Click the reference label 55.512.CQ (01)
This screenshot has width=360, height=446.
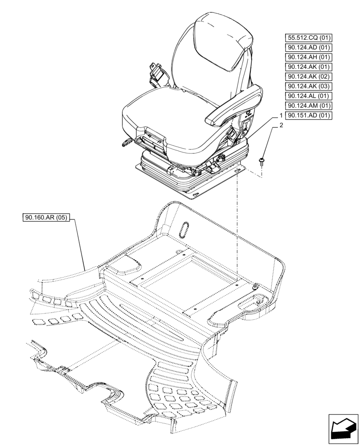pyautogui.click(x=309, y=37)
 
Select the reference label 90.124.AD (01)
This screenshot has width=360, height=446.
pyautogui.click(x=309, y=47)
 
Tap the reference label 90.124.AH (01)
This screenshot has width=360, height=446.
pyautogui.click(x=309, y=57)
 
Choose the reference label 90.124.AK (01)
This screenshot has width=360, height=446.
pyautogui.click(x=309, y=67)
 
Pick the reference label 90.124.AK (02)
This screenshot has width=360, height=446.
pyautogui.click(x=309, y=77)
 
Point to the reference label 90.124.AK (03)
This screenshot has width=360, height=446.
pyautogui.click(x=309, y=87)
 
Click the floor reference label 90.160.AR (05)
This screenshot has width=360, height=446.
pyautogui.click(x=46, y=218)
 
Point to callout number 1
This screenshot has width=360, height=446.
pyautogui.click(x=281, y=116)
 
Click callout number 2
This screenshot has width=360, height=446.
pyautogui.click(x=281, y=126)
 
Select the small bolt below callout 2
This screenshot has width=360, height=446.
pyautogui.click(x=261, y=160)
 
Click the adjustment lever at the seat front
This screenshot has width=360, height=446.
pyautogui.click(x=126, y=142)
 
